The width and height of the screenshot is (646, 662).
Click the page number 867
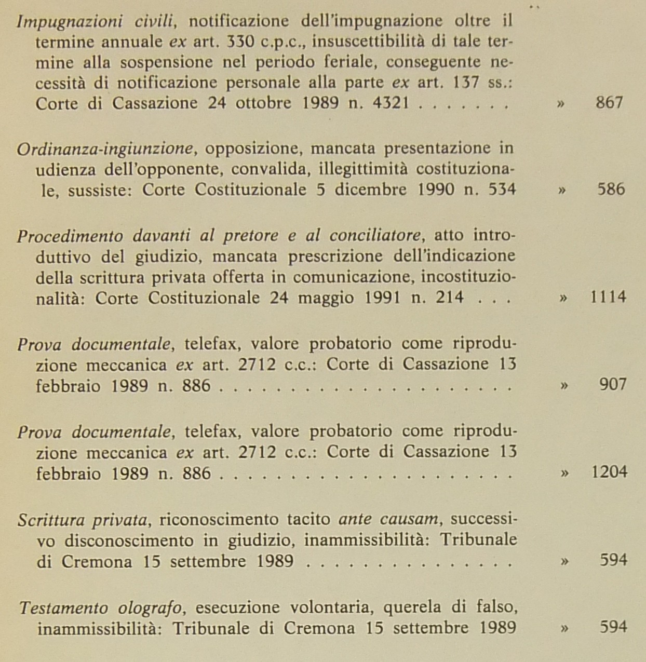pos(609,102)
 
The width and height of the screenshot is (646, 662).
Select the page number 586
pos(611,188)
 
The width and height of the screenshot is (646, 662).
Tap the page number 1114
pos(608,297)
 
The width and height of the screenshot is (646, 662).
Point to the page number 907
pos(613,384)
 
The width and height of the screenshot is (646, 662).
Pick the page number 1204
pos(609,471)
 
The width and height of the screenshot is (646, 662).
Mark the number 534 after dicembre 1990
pos(502,189)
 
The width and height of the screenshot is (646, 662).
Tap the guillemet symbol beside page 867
pos(560,103)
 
